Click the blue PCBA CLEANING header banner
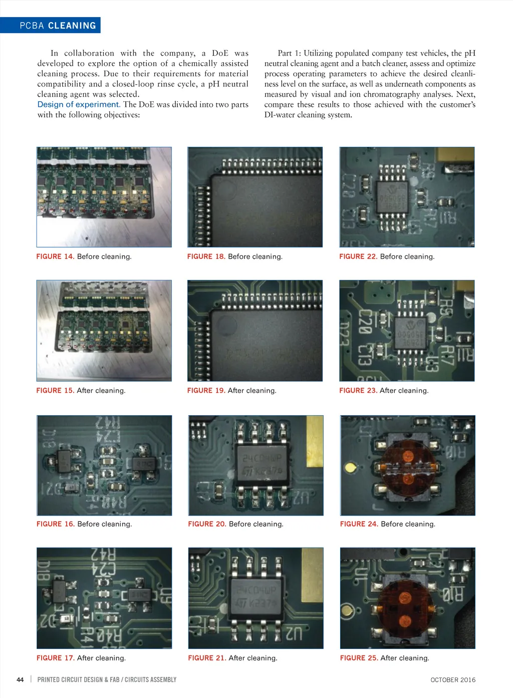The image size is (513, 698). pyautogui.click(x=50, y=25)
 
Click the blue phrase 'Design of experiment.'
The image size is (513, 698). pyautogui.click(x=79, y=104)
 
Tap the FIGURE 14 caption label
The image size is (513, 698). pyautogui.click(x=56, y=256)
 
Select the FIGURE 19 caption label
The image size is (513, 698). pyautogui.click(x=206, y=391)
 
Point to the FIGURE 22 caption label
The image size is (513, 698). pyautogui.click(x=358, y=256)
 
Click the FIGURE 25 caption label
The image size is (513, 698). pyautogui.click(x=359, y=658)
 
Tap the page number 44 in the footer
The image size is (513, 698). pyautogui.click(x=20, y=679)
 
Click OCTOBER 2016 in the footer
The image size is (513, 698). pyautogui.click(x=453, y=679)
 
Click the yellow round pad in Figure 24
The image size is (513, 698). pyautogui.click(x=350, y=467)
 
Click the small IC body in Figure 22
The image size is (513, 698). pyautogui.click(x=392, y=197)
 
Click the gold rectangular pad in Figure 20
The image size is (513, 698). pyautogui.click(x=315, y=441)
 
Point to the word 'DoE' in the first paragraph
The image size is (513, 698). pyautogui.click(x=220, y=53)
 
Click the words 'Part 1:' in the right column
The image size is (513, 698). pyautogui.click(x=289, y=53)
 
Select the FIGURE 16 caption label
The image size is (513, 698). pyautogui.click(x=56, y=524)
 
